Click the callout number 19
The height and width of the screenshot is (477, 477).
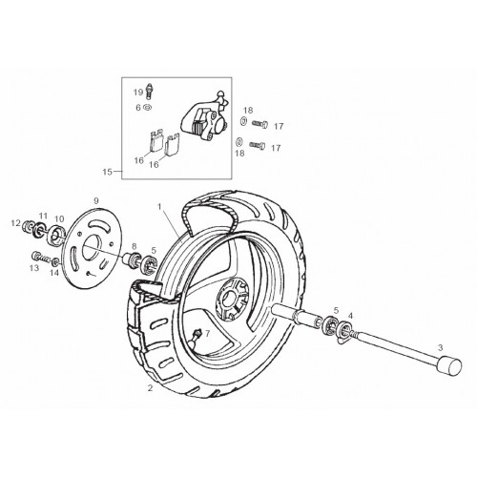pyautogui.click(x=138, y=93)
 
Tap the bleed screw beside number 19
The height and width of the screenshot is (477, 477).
pyautogui.click(x=149, y=91)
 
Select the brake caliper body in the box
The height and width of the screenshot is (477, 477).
pyautogui.click(x=204, y=117)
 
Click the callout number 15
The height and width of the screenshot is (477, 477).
pyautogui.click(x=108, y=172)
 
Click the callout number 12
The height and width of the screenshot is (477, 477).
pyautogui.click(x=15, y=223)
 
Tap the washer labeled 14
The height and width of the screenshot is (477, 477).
pyautogui.click(x=55, y=262)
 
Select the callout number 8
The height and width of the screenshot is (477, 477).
pyautogui.click(x=135, y=246)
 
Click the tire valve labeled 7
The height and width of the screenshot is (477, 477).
pyautogui.click(x=197, y=337)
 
